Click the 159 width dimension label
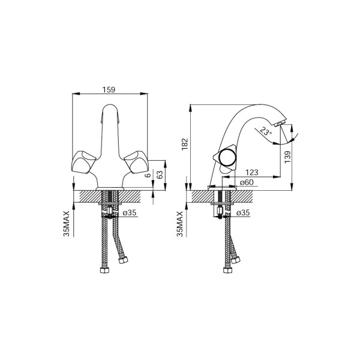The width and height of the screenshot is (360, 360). click(109, 89)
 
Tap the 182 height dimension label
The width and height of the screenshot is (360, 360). click(185, 144)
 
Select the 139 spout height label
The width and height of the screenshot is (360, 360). click(287, 157)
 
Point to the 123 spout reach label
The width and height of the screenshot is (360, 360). click(252, 172)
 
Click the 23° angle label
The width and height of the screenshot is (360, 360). click(266, 131)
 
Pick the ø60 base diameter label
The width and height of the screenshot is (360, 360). click(247, 182)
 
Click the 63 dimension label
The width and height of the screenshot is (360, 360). click(160, 175)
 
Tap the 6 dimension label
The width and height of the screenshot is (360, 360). click(148, 175)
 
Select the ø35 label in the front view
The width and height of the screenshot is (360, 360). click(130, 213)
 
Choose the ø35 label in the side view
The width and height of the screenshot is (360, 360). click(243, 213)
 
